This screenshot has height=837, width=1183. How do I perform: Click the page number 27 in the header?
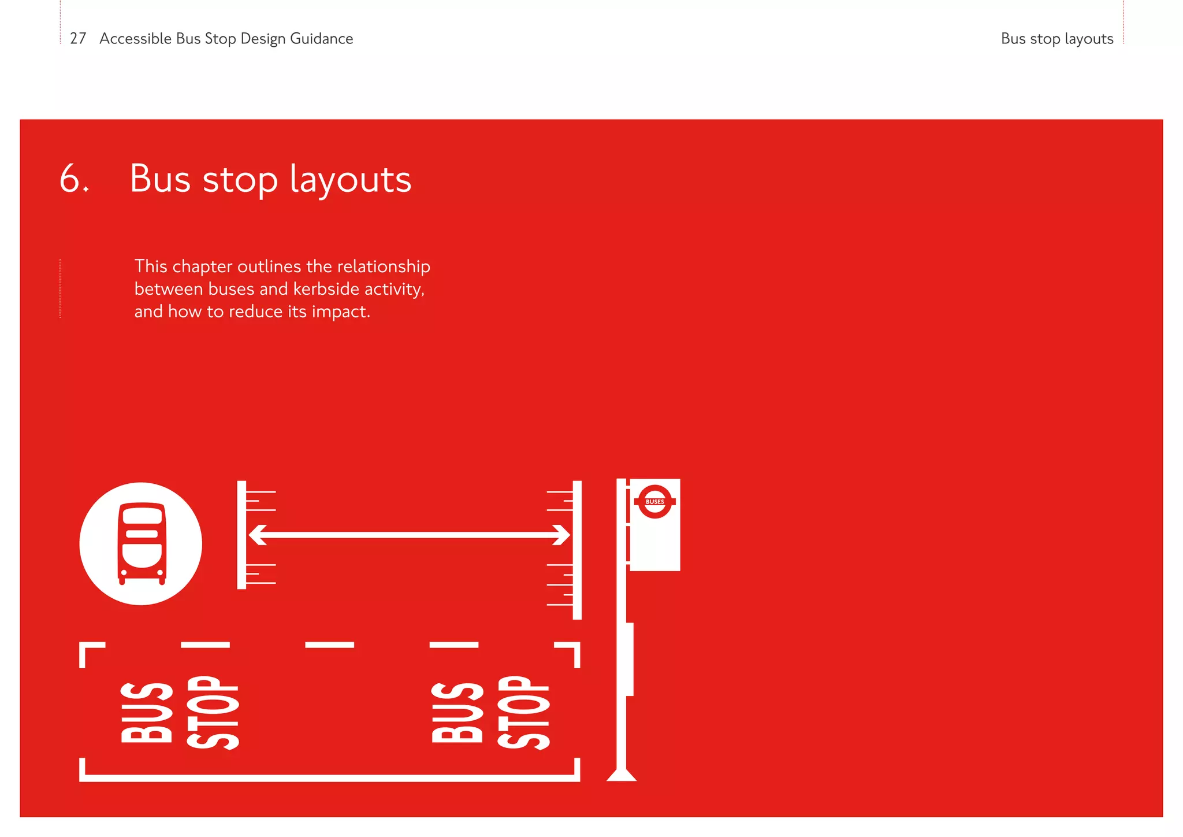click(78, 39)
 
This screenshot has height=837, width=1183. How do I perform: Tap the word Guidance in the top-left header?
click(321, 39)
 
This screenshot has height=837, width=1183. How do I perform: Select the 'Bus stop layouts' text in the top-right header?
click(1056, 39)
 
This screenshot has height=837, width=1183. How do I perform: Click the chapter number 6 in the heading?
click(71, 179)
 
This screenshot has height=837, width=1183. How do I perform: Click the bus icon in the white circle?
click(142, 544)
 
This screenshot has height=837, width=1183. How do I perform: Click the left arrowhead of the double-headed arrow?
click(257, 535)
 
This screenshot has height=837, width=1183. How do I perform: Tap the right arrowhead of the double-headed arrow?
click(562, 535)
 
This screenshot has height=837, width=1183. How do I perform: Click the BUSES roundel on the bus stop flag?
click(654, 502)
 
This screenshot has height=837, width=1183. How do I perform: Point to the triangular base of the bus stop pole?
click(622, 775)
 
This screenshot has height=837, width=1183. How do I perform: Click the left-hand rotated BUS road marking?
click(146, 712)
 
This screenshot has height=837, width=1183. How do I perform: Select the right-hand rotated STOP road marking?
click(523, 712)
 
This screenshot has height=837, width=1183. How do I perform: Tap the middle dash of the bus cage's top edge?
click(329, 645)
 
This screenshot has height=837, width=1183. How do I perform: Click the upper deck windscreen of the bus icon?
click(142, 516)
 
